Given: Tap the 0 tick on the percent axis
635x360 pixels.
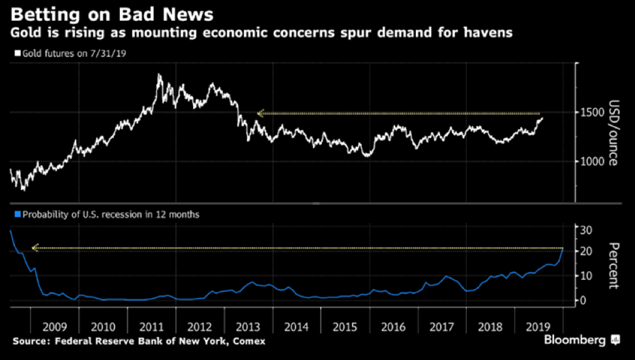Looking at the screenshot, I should [584, 301].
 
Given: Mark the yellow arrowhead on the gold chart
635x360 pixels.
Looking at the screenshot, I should [260, 113].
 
